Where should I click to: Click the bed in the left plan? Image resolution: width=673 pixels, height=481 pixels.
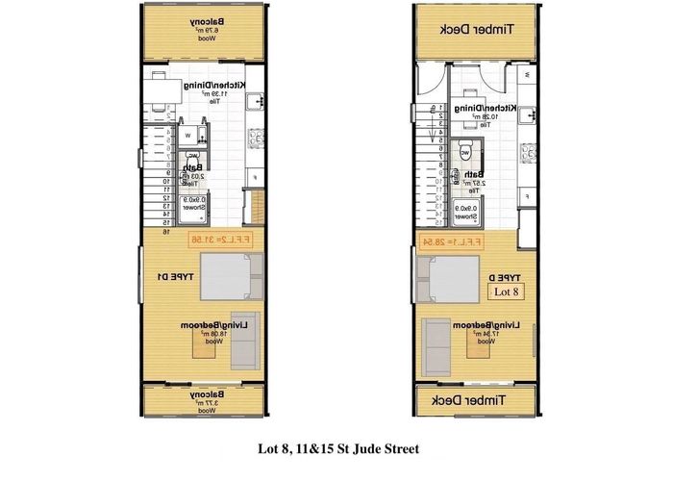[x=229, y=279]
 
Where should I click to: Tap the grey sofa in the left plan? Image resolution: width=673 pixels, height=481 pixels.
[x=242, y=342]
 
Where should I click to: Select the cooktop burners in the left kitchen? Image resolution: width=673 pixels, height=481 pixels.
[x=257, y=139]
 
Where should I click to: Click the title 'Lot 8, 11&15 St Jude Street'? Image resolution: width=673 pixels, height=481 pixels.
[x=337, y=448]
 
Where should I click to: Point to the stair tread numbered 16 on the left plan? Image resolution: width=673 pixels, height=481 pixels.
[x=165, y=232]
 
